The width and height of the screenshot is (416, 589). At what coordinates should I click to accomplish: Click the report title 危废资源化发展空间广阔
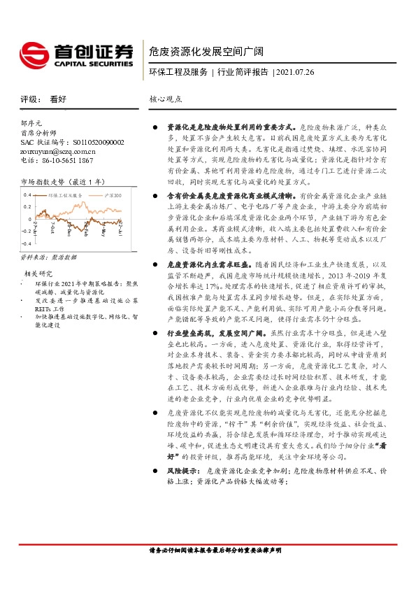pyautogui.click(x=206, y=50)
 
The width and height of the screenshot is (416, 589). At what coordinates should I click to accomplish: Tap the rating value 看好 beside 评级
pyautogui.click(x=58, y=99)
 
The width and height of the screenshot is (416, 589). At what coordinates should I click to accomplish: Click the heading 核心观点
pyautogui.click(x=166, y=99)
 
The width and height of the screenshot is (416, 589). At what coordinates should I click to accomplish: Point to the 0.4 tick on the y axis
pyautogui.click(x=28, y=194)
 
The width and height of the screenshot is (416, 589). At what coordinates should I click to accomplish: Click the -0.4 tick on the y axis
pyautogui.click(x=27, y=243)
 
